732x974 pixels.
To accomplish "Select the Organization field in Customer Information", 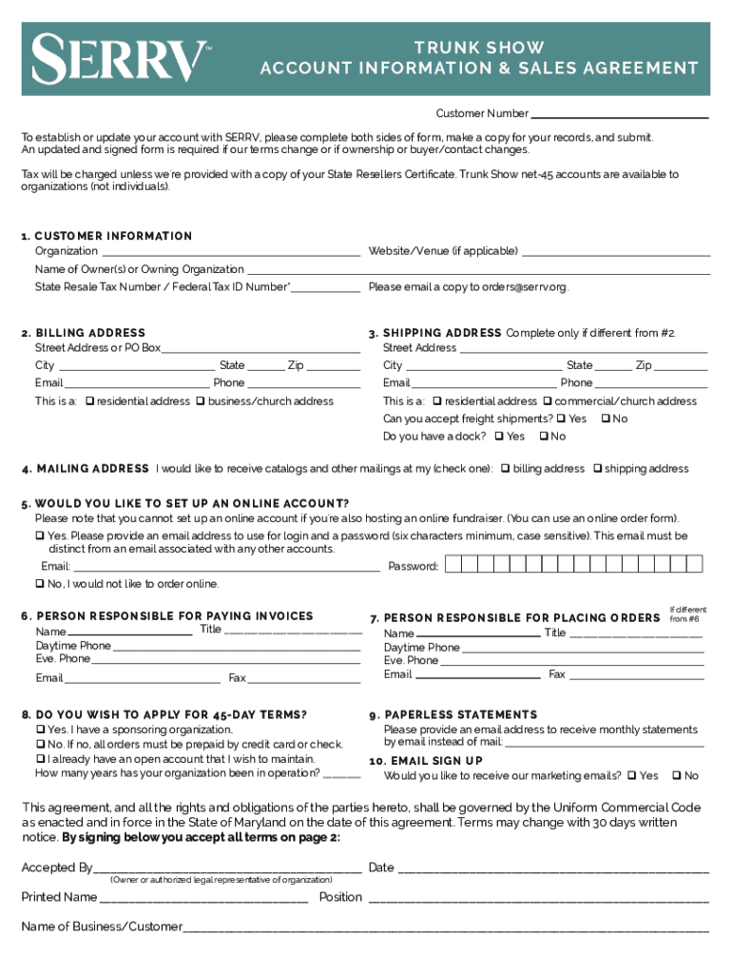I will [229, 251].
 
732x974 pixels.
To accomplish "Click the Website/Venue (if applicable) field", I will [616, 251].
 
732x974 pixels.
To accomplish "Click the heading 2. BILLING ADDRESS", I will [84, 333].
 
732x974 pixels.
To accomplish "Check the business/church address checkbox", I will [201, 401].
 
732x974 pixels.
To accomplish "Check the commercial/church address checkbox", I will [548, 401].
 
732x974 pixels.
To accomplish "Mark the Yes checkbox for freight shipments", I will [561, 419].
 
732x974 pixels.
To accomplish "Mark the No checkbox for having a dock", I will [543, 437].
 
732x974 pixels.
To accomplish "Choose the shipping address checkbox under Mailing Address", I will [597, 469].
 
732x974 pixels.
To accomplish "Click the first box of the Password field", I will [453, 565].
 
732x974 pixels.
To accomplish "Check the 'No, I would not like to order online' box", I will [40, 583].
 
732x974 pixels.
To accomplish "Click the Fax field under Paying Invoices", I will [304, 678].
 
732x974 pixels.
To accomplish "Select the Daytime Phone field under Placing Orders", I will [583, 648].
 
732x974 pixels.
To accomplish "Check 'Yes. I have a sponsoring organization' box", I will [40, 730].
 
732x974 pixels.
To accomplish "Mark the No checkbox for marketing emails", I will [677, 776].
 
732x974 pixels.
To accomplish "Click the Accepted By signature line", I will [228, 867].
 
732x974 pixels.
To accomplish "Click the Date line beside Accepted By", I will [552, 867].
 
